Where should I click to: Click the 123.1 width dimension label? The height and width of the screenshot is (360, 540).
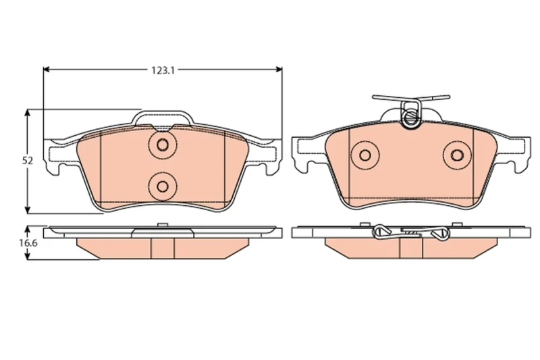point(163,70)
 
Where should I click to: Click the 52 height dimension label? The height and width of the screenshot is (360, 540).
point(28,161)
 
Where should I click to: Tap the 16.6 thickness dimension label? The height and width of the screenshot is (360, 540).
point(28,243)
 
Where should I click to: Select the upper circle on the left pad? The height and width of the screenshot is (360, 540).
point(162,145)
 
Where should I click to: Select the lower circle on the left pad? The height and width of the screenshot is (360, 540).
point(162,186)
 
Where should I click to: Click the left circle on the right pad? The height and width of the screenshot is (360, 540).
point(364,155)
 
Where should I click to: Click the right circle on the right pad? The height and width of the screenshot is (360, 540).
point(457,155)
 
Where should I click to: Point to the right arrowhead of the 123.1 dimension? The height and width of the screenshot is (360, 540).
point(278,70)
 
